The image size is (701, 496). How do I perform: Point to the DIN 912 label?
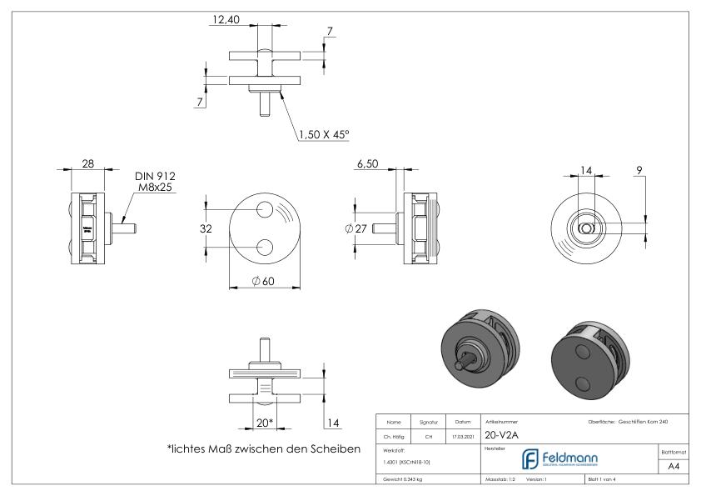[x=155, y=177]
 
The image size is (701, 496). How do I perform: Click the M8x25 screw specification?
[x=155, y=188]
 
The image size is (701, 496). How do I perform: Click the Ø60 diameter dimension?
[x=263, y=281]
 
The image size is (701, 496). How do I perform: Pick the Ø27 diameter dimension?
[x=354, y=228]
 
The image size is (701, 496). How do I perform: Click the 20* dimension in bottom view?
[x=265, y=423]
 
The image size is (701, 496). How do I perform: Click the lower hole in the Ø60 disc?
[x=266, y=246]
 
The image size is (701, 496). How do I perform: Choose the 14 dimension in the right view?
[x=586, y=170]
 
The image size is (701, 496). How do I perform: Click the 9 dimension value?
[x=638, y=170]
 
